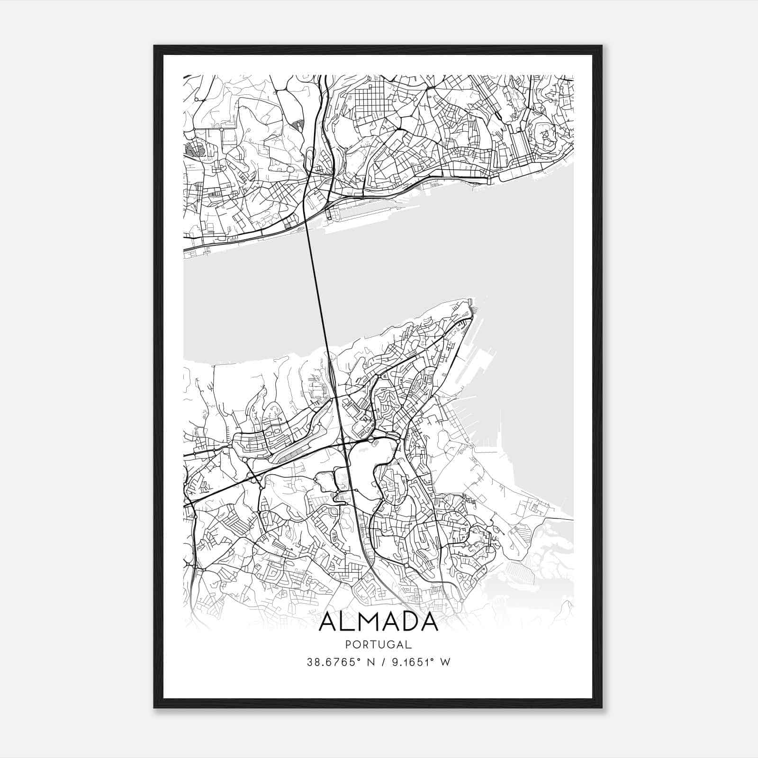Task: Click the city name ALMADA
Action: pyautogui.click(x=378, y=623)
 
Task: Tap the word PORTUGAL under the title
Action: pyautogui.click(x=378, y=645)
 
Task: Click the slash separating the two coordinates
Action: pyautogui.click(x=379, y=662)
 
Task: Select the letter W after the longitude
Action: pyautogui.click(x=445, y=662)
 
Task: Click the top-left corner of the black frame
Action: pyautogui.click(x=154, y=46)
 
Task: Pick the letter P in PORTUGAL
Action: pyautogui.click(x=348, y=645)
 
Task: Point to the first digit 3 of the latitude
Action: pyautogui.click(x=310, y=662)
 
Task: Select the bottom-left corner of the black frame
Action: pyautogui.click(x=154, y=708)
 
